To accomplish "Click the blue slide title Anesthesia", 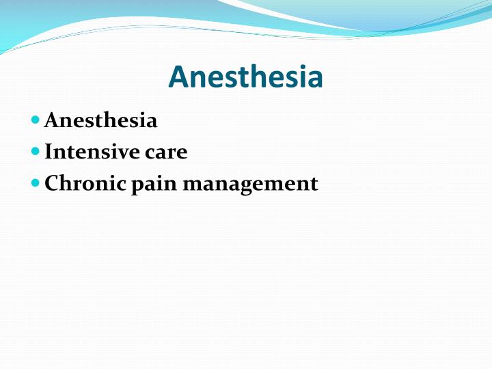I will click(245, 77).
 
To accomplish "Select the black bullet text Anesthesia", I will click(100, 121).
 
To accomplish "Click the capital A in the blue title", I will click(178, 77).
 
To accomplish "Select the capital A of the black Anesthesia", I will click(51, 121).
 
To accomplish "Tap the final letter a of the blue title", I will click(315, 79).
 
